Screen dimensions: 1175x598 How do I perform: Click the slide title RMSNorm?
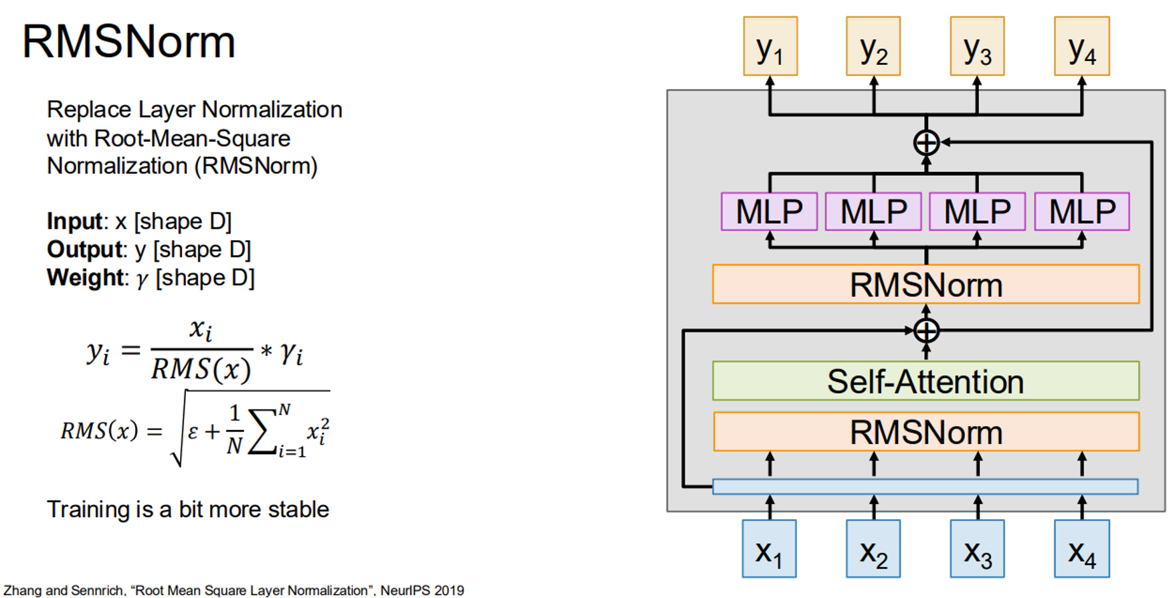[x=128, y=42]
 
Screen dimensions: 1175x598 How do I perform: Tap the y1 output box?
[x=770, y=46]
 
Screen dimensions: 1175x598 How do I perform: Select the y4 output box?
[x=1082, y=46]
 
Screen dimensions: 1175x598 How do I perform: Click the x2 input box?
[x=873, y=549]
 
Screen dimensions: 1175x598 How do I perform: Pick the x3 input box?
[x=978, y=549]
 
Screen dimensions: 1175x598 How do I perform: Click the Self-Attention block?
[x=926, y=381]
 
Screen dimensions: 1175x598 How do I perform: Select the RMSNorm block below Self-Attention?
[x=926, y=431]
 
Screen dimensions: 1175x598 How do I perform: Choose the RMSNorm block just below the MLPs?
[x=926, y=284]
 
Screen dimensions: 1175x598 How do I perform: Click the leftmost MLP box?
[x=770, y=211]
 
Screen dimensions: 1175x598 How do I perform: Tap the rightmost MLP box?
[x=1082, y=211]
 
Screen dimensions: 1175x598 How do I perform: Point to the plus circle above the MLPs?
[x=926, y=142]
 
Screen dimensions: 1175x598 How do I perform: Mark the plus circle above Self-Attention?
[x=926, y=330]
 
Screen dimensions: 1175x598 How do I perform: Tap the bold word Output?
[x=84, y=249]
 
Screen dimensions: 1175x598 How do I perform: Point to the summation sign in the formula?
[x=262, y=431]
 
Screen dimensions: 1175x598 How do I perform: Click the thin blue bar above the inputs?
[x=925, y=486]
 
